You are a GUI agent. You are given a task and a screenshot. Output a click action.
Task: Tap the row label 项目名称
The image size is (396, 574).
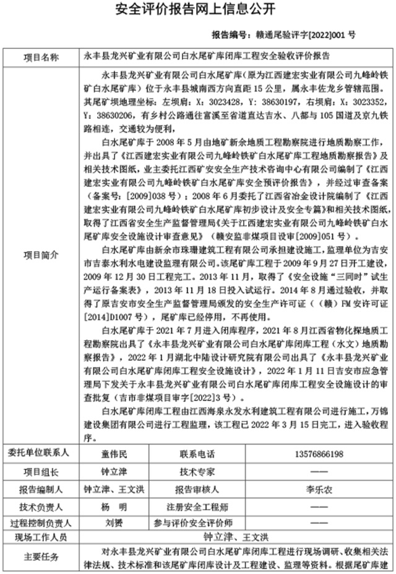(41, 57)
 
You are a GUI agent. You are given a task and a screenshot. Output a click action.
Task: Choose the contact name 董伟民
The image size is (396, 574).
(114, 454)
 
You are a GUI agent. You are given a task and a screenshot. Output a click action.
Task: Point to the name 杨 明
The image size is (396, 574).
(114, 505)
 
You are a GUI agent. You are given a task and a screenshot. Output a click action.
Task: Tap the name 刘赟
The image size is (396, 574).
(114, 522)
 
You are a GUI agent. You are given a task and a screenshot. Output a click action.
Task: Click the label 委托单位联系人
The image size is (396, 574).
(41, 454)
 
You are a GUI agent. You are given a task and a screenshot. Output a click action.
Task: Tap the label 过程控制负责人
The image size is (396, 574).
(41, 522)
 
